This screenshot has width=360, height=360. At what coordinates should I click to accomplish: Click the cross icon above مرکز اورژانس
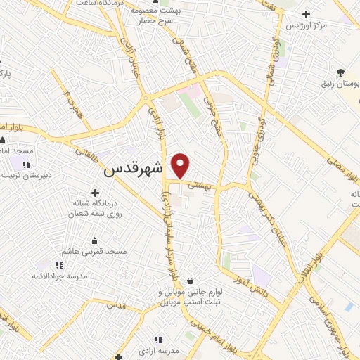305,14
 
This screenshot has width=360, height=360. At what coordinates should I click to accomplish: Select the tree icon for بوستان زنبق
340,72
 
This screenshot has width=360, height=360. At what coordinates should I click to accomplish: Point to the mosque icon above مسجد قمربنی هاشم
95,241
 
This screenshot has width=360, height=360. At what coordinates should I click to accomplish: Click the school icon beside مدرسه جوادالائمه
60,265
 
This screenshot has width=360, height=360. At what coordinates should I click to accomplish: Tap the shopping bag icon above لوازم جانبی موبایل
190,281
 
